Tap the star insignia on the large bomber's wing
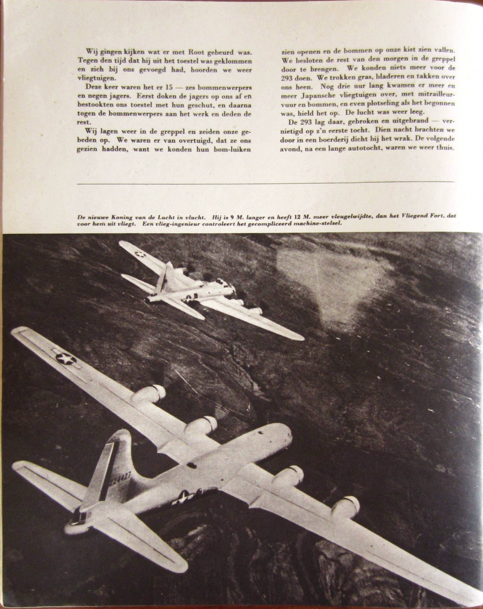click(66, 359)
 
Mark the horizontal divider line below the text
click(265, 183)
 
